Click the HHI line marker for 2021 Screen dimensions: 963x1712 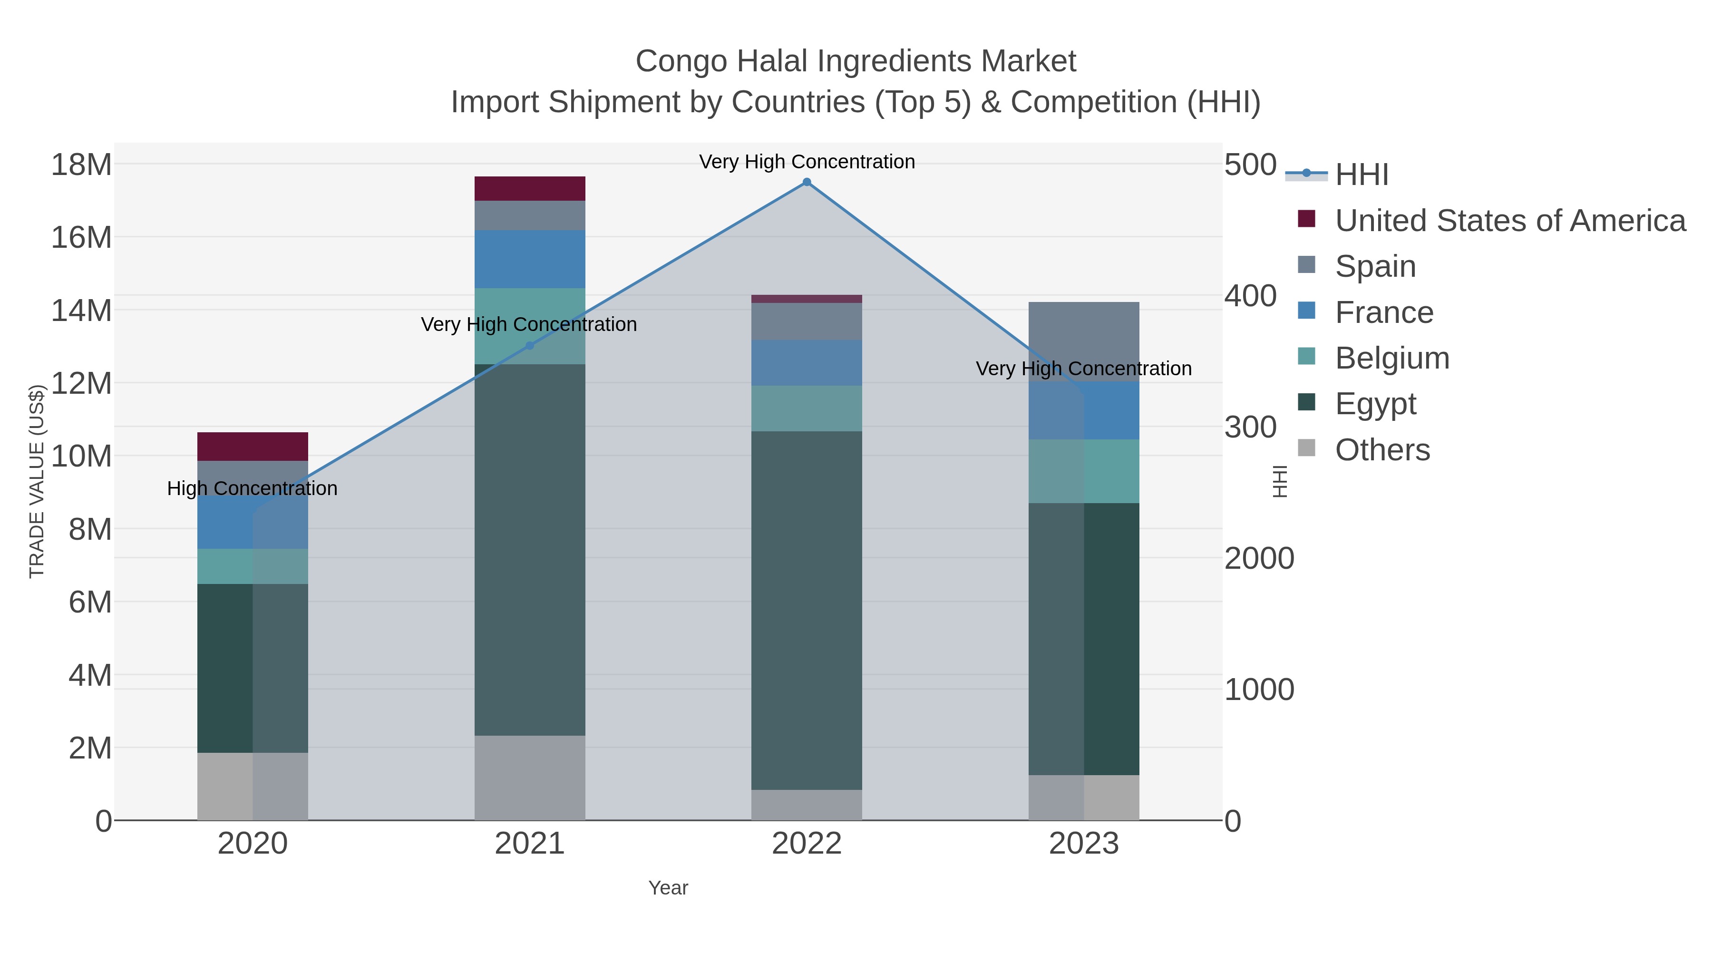530,346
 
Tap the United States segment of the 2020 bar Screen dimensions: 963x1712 253,447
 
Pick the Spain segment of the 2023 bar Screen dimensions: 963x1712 1083,341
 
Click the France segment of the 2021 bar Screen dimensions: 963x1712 530,259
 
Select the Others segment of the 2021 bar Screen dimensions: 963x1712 530,778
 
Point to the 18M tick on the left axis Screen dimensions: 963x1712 81,164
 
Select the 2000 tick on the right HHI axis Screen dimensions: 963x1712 1259,558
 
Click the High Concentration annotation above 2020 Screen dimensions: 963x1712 252,488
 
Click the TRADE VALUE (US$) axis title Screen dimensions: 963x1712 37,481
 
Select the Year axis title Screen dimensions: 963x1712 668,888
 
